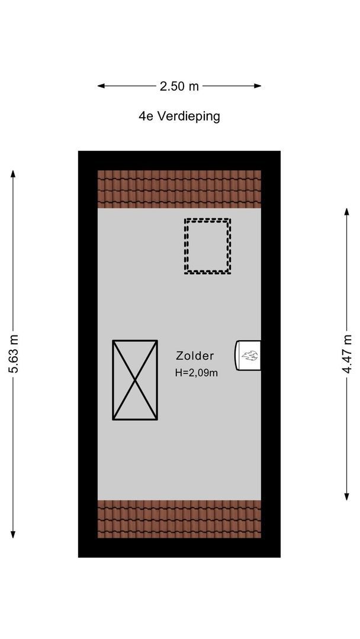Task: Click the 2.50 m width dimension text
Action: [x=179, y=86]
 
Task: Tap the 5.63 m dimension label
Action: [x=13, y=354]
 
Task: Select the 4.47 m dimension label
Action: [x=347, y=354]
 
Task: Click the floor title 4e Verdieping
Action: [x=179, y=116]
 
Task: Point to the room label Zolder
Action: [x=195, y=356]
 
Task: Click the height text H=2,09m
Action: [x=196, y=373]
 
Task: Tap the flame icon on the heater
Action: [x=249, y=356]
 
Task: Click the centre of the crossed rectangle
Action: [x=135, y=380]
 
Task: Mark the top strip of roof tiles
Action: [x=179, y=188]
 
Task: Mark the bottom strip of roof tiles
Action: [x=179, y=519]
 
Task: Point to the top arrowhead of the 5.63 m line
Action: [x=13, y=173]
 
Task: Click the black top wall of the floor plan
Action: [x=179, y=160]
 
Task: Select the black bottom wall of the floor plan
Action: [x=179, y=548]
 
